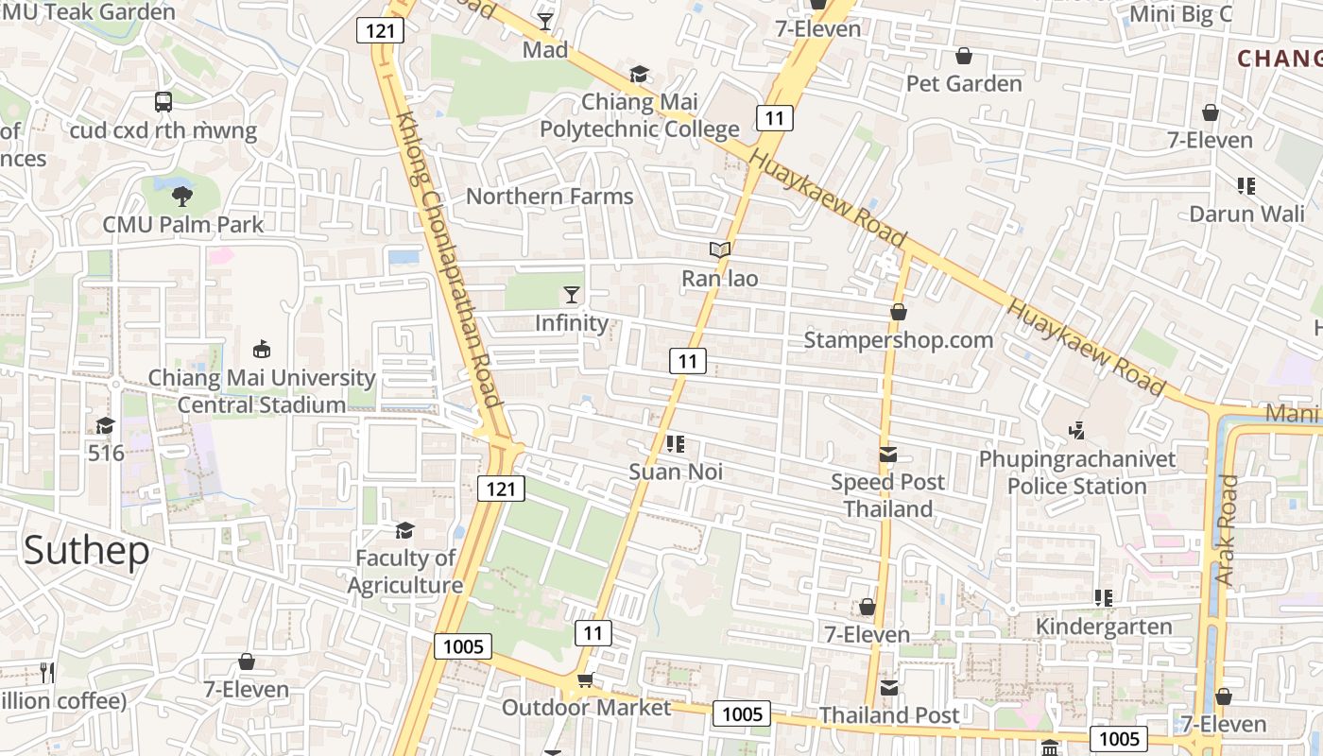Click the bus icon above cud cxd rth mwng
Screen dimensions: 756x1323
tap(163, 101)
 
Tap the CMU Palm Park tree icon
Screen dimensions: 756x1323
tap(182, 197)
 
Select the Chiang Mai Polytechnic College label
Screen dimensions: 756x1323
tap(640, 115)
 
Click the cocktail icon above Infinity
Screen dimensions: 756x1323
tap(572, 295)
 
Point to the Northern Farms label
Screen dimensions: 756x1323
tap(549, 197)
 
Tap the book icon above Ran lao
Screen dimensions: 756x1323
tap(720, 250)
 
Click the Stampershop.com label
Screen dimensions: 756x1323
tap(898, 340)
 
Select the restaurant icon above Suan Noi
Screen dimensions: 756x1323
tap(675, 443)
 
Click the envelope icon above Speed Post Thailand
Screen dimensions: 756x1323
tap(888, 455)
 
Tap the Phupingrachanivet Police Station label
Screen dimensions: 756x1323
tap(1077, 472)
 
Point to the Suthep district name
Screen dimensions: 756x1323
tap(87, 550)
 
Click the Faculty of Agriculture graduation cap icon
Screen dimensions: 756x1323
tap(405, 530)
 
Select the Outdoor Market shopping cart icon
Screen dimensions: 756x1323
tap(586, 680)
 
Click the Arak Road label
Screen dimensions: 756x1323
tap(1227, 529)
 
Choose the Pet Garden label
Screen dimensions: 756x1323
tap(964, 83)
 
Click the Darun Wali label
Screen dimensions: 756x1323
tap(1246, 214)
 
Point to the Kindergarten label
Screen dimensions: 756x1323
tap(1104, 627)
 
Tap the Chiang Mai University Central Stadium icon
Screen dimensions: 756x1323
tap(262, 350)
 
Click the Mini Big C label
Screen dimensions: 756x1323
tap(1181, 14)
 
